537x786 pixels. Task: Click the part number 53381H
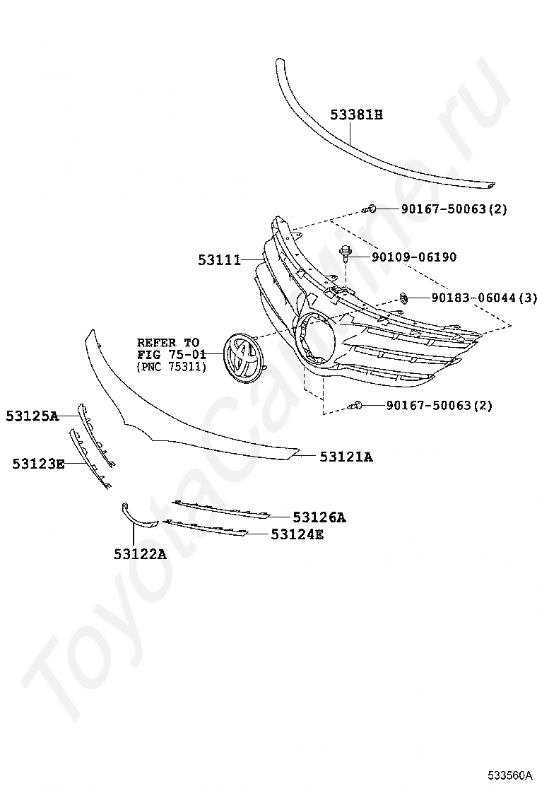click(x=356, y=114)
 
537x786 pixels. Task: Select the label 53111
click(x=218, y=261)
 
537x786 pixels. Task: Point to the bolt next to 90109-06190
click(x=346, y=253)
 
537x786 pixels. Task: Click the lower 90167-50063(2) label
click(x=439, y=406)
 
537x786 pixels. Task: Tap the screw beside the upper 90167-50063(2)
click(x=370, y=209)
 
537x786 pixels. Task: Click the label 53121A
click(x=346, y=457)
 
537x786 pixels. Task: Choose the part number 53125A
click(x=32, y=416)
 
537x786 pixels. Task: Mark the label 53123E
click(x=38, y=463)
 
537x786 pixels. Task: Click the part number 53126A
click(x=319, y=517)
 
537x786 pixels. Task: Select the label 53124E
click(x=297, y=534)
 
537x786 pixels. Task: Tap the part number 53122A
click(x=140, y=554)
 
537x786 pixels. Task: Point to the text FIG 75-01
click(x=170, y=355)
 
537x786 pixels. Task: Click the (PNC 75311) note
click(x=170, y=368)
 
